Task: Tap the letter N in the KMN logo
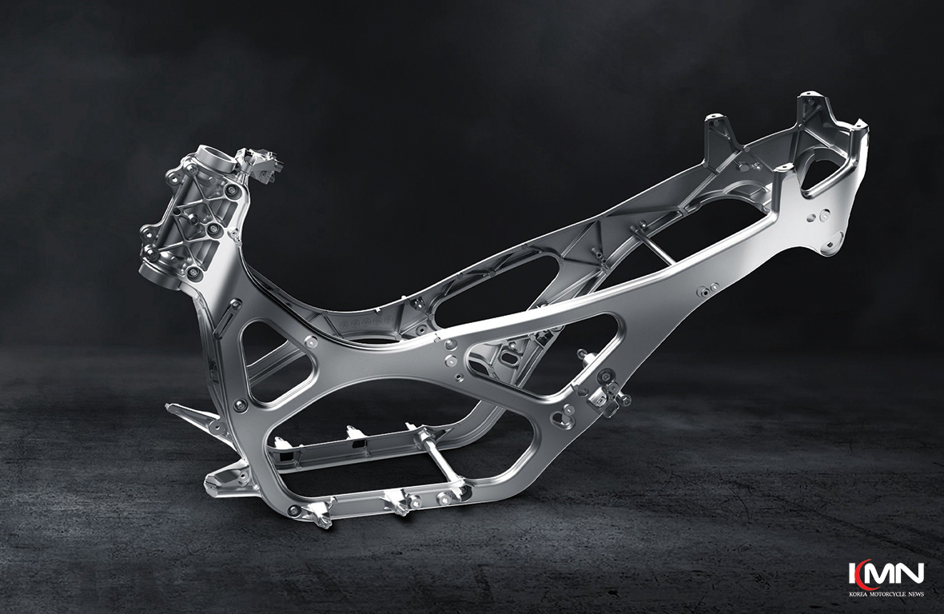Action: tap(910, 573)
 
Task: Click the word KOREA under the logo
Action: tap(859, 594)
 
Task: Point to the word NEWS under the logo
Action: tap(914, 594)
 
